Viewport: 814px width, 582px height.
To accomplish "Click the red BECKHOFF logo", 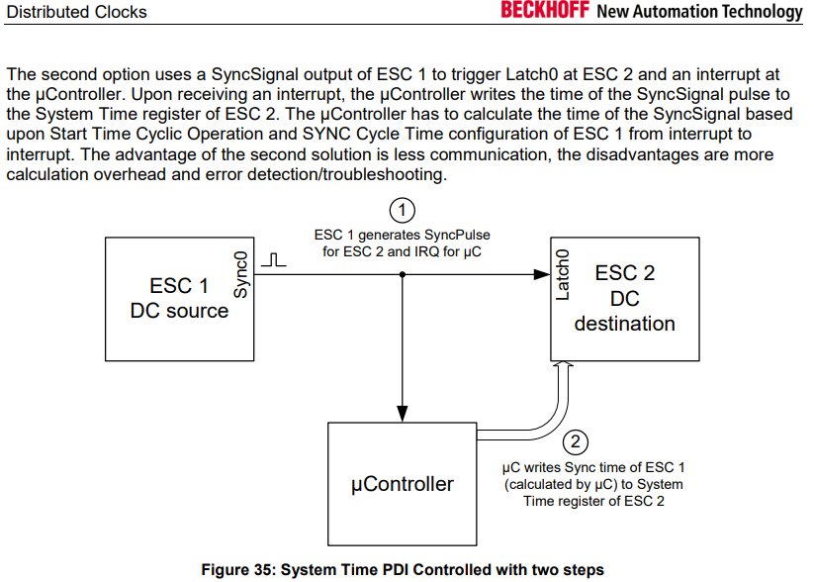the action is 545,10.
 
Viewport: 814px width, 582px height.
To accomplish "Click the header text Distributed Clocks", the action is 77,12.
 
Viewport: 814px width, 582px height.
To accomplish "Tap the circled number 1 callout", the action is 402,211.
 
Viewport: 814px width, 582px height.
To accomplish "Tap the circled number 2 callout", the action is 576,442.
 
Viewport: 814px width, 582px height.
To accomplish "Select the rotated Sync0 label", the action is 241,274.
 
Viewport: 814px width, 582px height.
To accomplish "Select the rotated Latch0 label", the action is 562,274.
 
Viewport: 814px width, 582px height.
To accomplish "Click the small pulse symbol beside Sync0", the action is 274,259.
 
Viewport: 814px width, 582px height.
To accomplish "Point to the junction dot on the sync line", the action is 403,274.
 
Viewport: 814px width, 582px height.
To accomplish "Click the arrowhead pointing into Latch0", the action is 542,274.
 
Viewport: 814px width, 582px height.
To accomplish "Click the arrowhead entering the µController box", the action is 403,414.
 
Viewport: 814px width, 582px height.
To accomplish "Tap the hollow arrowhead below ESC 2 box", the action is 562,365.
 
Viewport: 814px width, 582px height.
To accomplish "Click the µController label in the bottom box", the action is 403,484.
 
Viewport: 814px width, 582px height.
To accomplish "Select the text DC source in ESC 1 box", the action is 179,311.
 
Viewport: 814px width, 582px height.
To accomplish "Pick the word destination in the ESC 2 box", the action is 624,324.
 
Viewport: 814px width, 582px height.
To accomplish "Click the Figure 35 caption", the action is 403,569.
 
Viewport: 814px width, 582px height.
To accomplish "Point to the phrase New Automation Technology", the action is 699,11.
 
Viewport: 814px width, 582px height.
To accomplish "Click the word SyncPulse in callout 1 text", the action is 457,235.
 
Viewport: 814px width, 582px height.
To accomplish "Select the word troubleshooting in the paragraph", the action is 383,174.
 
